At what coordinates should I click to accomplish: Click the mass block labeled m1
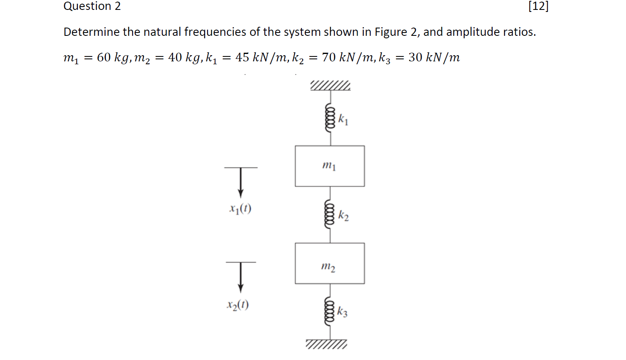pos(329,166)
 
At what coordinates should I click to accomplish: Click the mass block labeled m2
pos(329,263)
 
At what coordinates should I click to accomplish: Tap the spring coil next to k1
pos(330,117)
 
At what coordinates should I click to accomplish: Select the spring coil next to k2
pos(329,214)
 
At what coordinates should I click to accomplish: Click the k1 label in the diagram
pos(343,120)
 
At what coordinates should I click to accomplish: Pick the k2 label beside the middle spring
pos(343,215)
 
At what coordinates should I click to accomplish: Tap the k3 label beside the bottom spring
pos(342,312)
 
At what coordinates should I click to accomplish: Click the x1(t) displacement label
pos(240,209)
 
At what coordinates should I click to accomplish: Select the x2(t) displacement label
pos(238,305)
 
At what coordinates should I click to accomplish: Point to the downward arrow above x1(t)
pos(241,183)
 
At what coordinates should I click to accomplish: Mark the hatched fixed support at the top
pos(330,86)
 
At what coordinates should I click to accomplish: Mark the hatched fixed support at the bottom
pos(327,344)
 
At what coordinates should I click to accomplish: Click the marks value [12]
pos(538,6)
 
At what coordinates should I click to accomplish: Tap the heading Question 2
pos(92,6)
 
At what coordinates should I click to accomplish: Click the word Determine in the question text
pos(86,32)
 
